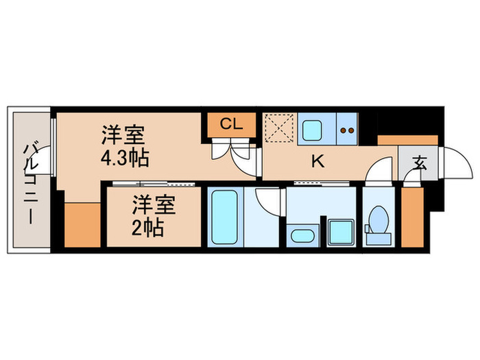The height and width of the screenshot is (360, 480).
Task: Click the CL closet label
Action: click(x=232, y=124)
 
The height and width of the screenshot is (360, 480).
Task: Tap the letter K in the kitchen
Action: click(x=317, y=162)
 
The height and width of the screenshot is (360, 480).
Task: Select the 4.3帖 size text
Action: click(x=125, y=158)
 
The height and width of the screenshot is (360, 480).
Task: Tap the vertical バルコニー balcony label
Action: click(x=31, y=182)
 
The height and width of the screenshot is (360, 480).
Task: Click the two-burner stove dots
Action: click(x=348, y=128)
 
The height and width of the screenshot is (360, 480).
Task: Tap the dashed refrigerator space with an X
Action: click(x=279, y=128)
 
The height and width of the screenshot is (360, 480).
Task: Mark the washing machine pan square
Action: click(x=339, y=232)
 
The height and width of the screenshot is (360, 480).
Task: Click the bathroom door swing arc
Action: click(x=269, y=200)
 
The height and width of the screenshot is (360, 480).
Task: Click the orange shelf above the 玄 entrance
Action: click(x=398, y=141)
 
